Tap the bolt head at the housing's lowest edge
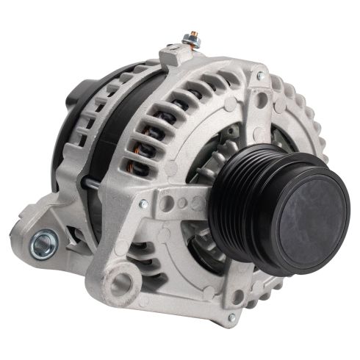click(x=232, y=317)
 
